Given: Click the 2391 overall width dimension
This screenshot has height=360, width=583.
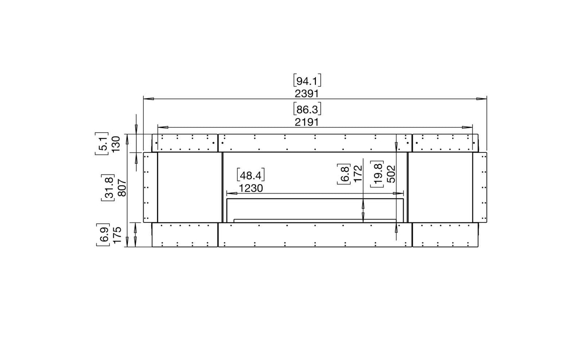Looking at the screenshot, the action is pyautogui.click(x=307, y=94).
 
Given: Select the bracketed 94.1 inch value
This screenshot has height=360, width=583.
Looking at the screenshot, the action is pyautogui.click(x=307, y=81).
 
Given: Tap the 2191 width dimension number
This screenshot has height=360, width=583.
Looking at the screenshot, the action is pyautogui.click(x=307, y=122).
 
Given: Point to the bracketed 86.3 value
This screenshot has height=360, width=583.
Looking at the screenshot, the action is pyautogui.click(x=307, y=109).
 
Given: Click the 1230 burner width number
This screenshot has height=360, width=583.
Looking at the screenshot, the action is pyautogui.click(x=251, y=188).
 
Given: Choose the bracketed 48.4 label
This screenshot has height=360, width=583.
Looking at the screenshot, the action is pyautogui.click(x=251, y=175).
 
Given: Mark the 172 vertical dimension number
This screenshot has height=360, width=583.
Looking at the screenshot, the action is pyautogui.click(x=358, y=173).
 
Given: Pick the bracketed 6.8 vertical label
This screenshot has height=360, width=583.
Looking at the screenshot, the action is pyautogui.click(x=344, y=174).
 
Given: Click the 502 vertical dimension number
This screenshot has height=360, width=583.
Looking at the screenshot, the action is pyautogui.click(x=391, y=174).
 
